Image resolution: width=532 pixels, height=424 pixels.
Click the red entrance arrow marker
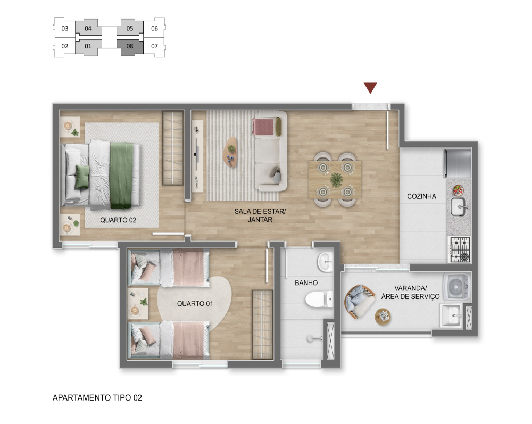(x=370, y=88)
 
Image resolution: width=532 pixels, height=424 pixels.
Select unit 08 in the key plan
(x=130, y=47)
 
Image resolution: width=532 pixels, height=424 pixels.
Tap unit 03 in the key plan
(x=65, y=29)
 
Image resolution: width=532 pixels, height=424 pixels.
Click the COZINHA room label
(x=421, y=196)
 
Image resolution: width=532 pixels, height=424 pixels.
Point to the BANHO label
(x=306, y=283)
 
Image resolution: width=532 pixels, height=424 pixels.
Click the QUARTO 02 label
(x=118, y=220)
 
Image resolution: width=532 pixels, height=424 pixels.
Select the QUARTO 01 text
(x=195, y=304)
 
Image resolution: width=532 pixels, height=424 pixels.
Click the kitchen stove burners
(x=460, y=250)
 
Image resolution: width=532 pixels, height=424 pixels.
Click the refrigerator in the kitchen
(x=458, y=163)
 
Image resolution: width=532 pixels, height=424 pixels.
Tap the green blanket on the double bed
(x=121, y=176)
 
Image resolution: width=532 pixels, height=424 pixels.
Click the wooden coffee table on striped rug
(x=231, y=152)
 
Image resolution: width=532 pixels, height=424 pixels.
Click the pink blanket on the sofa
(x=263, y=126)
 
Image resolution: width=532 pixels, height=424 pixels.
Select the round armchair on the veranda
(x=358, y=302)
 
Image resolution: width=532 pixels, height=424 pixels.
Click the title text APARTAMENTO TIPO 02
(x=97, y=398)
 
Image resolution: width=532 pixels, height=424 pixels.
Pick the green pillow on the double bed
(x=82, y=177)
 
